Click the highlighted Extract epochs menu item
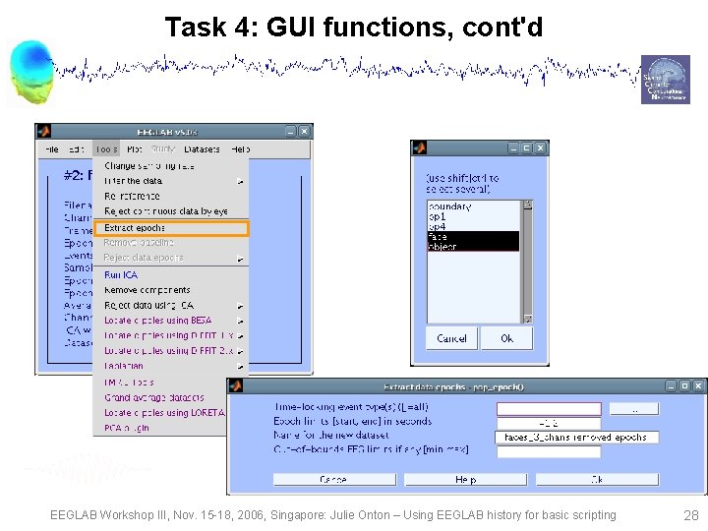(170, 228)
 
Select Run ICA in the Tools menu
(125, 274)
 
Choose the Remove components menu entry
(147, 290)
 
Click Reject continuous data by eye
(166, 211)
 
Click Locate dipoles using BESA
(158, 321)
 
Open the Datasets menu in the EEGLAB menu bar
(202, 149)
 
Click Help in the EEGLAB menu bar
(240, 149)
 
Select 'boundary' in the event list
(450, 206)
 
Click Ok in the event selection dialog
(506, 338)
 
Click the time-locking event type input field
(548, 408)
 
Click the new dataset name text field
(575, 437)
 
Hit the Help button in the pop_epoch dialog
(465, 480)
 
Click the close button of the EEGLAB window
(305, 132)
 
